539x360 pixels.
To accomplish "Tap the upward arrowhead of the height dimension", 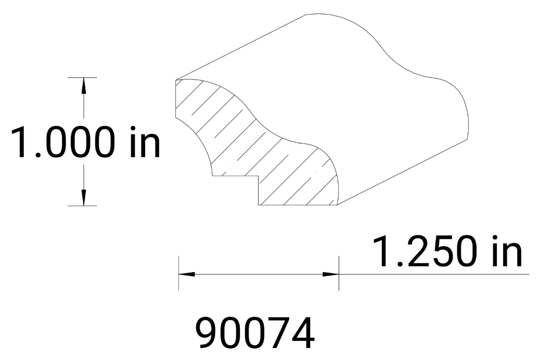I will point(83,85).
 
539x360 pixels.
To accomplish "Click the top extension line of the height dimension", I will point(83,78).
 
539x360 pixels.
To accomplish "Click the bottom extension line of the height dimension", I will point(83,206).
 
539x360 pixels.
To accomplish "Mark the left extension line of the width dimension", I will point(178,273).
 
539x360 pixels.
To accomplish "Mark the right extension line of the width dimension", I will point(339,273).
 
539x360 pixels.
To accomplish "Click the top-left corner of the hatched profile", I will point(176,81).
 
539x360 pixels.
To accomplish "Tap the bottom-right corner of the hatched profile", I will point(337,205).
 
